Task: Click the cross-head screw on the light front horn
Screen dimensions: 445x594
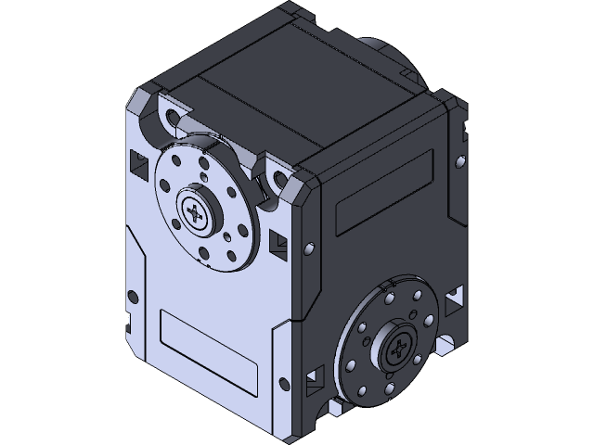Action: tap(196, 214)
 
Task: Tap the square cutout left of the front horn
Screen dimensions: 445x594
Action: tap(138, 164)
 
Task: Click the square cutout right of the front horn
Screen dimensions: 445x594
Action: tap(278, 243)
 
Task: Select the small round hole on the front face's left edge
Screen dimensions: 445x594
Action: tap(132, 297)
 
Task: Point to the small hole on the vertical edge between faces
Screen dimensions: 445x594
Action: tap(307, 248)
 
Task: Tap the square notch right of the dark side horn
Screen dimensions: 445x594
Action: tap(455, 299)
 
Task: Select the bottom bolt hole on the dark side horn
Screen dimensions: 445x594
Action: tap(379, 388)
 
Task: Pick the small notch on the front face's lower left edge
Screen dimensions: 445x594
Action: tap(123, 324)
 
